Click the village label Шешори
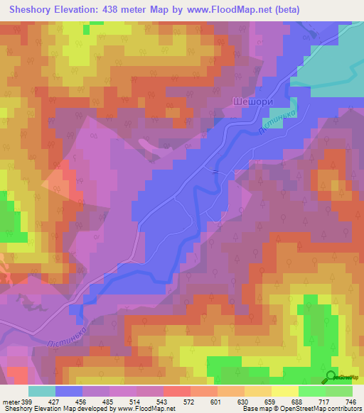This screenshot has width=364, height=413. coord(252,102)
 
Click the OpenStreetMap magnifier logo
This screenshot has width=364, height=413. coord(331,377)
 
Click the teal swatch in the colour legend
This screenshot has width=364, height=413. coord(41,391)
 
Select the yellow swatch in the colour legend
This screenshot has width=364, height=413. coord(285,391)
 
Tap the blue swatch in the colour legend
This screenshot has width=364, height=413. coord(68,391)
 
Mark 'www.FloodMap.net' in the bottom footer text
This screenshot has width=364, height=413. coord(141,409)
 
